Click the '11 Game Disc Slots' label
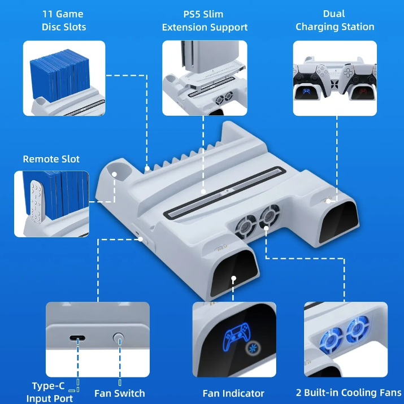click(x=64, y=20)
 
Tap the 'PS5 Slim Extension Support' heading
click(x=205, y=20)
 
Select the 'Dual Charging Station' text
click(x=335, y=20)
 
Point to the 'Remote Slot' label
click(x=51, y=159)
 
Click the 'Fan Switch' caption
click(x=120, y=393)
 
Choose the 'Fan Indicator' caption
click(x=233, y=393)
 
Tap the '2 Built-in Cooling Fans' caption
click(x=349, y=393)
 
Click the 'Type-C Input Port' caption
click(x=50, y=392)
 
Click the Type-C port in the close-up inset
click(x=77, y=338)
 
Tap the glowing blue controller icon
click(x=237, y=336)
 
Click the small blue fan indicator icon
click(x=251, y=348)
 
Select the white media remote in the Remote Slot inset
click(x=36, y=202)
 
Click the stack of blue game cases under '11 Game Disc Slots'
click(x=60, y=75)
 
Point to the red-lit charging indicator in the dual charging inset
click(x=363, y=91)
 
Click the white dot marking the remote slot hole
click(x=114, y=175)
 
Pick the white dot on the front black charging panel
click(x=234, y=278)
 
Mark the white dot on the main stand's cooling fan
click(x=266, y=228)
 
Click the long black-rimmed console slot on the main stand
click(x=225, y=193)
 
